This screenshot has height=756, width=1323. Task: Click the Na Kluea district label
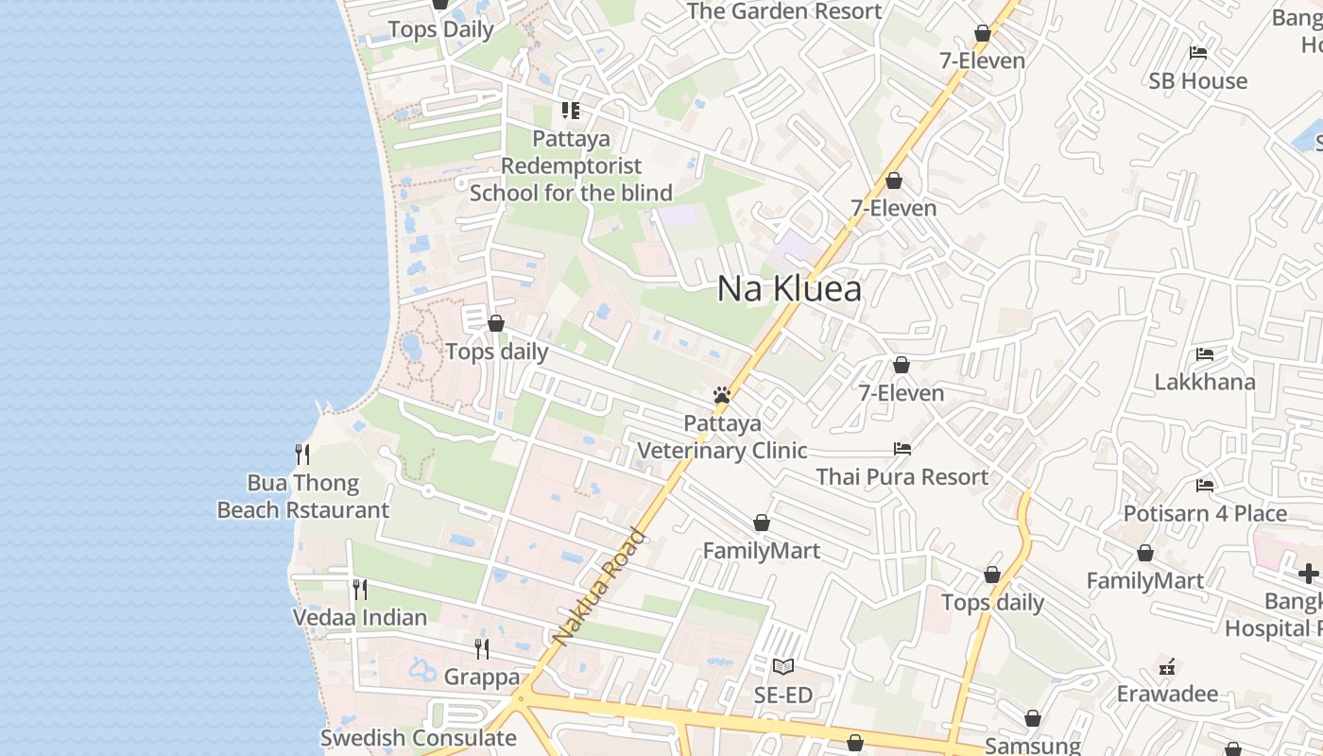point(789,289)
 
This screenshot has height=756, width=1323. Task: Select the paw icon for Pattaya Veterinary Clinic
point(722,395)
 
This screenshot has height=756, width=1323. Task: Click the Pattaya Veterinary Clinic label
point(722,437)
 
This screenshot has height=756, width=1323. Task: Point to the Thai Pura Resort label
point(902,477)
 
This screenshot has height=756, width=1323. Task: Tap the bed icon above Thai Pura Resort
point(902,448)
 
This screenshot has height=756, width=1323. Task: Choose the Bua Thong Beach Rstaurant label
point(302,497)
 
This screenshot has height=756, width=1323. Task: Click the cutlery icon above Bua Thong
point(302,455)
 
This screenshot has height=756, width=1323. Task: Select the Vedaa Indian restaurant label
point(359,618)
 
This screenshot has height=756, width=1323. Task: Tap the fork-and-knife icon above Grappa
point(482,649)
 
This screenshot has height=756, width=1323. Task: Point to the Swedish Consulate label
point(418,738)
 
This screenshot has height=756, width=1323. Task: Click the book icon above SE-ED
point(783,667)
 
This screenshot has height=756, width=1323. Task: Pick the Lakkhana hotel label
point(1205,383)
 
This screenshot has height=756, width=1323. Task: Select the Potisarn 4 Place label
point(1205,514)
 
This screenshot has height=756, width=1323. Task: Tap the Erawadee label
point(1167,695)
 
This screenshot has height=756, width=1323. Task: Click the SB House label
point(1197,81)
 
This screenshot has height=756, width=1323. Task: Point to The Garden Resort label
point(784,11)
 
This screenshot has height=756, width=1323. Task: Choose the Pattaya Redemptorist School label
point(571,166)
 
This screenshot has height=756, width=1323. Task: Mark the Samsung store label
point(1032,746)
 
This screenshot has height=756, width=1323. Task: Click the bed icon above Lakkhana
point(1205,354)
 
